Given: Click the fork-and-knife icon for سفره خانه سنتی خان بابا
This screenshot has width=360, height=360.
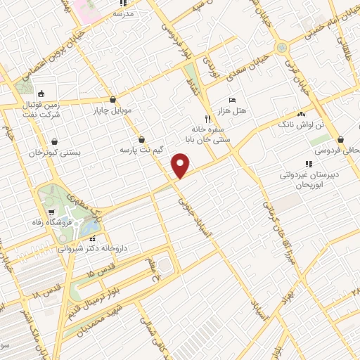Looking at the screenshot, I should (x=207, y=120).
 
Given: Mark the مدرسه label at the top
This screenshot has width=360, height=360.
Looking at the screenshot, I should (x=124, y=13).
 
